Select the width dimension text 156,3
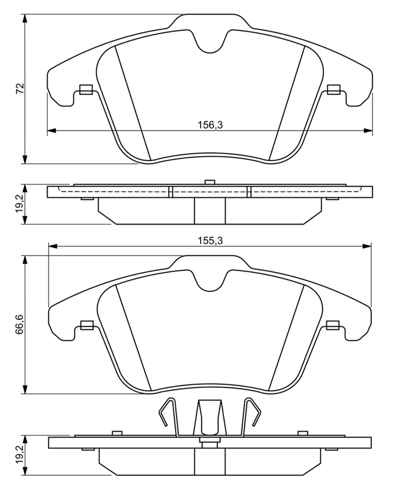(211, 125)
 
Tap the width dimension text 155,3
(211, 240)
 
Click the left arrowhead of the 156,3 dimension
(51, 131)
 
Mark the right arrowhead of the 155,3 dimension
(367, 246)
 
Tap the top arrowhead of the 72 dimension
(25, 18)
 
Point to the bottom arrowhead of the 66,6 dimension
(25, 389)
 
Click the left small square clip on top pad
(86, 90)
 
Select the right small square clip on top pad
(334, 90)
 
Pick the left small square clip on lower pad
(87, 325)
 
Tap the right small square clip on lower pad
(332, 325)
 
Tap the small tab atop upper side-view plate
(210, 183)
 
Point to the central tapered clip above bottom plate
(209, 418)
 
